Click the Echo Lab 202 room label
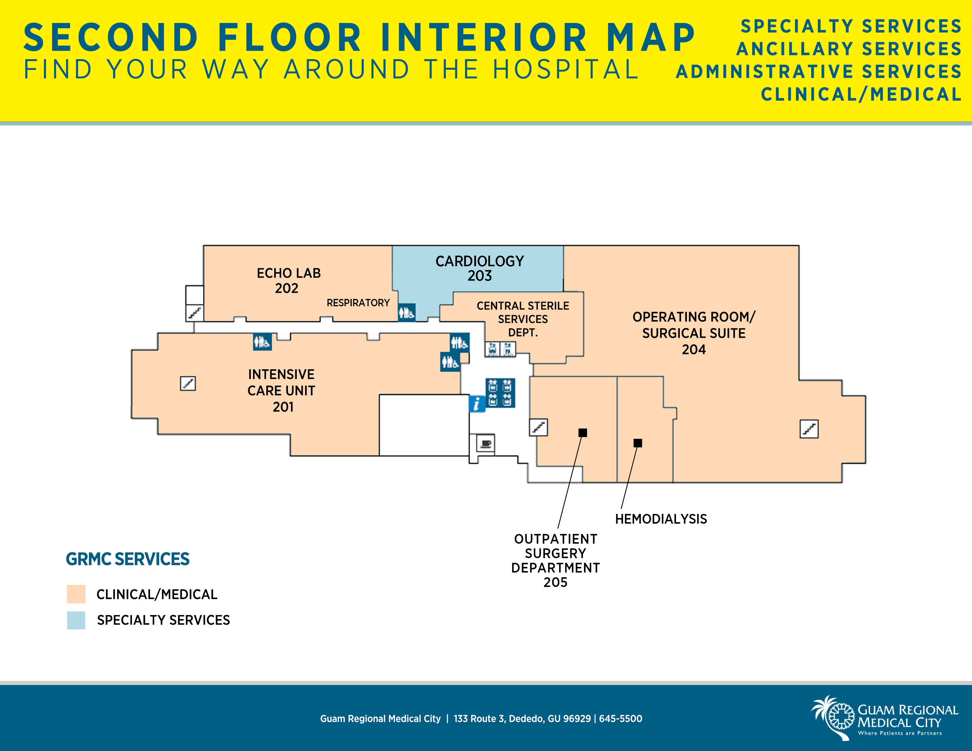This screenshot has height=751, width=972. click(x=288, y=281)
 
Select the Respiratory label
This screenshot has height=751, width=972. click(x=358, y=303)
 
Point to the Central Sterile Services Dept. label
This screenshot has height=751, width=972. click(x=523, y=319)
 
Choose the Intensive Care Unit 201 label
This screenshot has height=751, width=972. click(x=281, y=390)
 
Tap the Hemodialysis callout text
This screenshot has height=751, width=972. click(x=661, y=519)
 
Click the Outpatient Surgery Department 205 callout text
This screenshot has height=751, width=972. click(x=556, y=560)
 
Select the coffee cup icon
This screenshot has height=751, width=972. click(x=485, y=444)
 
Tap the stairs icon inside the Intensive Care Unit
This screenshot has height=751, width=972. click(x=188, y=383)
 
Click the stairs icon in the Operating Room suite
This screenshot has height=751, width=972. click(x=809, y=429)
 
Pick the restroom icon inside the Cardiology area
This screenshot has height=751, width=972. click(x=407, y=312)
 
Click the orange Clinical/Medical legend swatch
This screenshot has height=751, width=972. click(x=76, y=594)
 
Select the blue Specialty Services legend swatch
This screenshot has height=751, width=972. click(x=76, y=620)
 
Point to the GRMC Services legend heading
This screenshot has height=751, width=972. click(x=128, y=559)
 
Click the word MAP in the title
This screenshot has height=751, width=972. click(x=651, y=37)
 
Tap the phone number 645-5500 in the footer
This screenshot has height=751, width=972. click(x=620, y=719)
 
